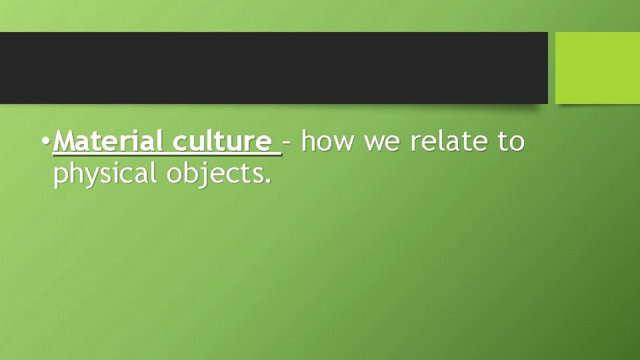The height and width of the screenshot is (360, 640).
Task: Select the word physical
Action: [106, 174]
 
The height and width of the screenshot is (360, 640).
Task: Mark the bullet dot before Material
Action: [44, 142]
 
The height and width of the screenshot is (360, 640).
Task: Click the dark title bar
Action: [273, 67]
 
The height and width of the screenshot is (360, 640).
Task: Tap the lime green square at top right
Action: [597, 67]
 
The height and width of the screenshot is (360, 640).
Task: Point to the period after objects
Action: [269, 181]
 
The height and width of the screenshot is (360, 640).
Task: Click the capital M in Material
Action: [64, 141]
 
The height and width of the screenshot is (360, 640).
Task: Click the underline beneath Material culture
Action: [167, 155]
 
